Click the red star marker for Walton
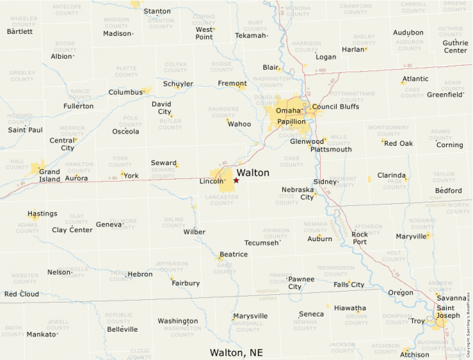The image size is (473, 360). (236, 180)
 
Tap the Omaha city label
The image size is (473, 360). (288, 111)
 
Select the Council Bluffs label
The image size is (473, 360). (335, 107)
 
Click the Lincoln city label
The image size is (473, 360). (212, 182)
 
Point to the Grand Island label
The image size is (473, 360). (49, 175)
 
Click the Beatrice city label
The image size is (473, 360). (234, 254)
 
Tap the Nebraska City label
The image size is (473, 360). (298, 193)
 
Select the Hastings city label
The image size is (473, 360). (43, 214)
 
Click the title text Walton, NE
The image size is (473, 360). (236, 352)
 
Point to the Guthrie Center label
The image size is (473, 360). (455, 46)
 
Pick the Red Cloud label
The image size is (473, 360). (21, 294)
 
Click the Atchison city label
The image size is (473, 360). (414, 355)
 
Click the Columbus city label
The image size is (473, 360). (125, 92)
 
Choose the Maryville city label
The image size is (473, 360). (411, 236)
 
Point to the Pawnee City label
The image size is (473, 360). (302, 283)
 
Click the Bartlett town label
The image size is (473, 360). (19, 32)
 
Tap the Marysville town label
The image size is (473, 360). (250, 316)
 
